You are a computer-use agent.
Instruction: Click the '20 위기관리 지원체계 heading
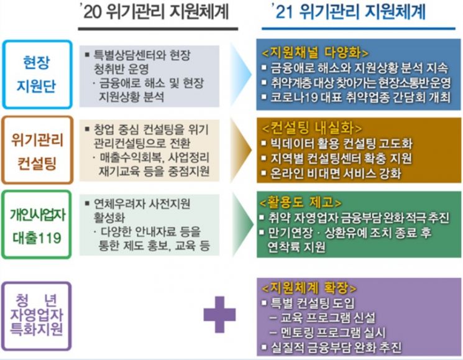point(156,12)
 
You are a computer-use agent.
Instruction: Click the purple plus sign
point(219,315)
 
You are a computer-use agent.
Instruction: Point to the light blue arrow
point(241,75)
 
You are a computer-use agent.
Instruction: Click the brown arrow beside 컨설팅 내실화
point(241,150)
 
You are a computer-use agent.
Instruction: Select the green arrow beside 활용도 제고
point(242,224)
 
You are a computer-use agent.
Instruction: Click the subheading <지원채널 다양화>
point(315,53)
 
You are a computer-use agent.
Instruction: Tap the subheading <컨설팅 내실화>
point(312,128)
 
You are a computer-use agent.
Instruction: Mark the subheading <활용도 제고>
point(301,202)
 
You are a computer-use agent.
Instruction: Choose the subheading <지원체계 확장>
point(309,287)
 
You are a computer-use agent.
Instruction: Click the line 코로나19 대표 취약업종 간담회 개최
point(356,97)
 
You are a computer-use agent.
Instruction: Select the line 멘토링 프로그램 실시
point(328,333)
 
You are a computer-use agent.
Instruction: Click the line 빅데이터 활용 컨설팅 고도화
point(337,144)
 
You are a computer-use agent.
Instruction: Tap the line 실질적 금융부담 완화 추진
point(332,348)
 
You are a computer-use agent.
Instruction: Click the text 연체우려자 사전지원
point(142,203)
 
